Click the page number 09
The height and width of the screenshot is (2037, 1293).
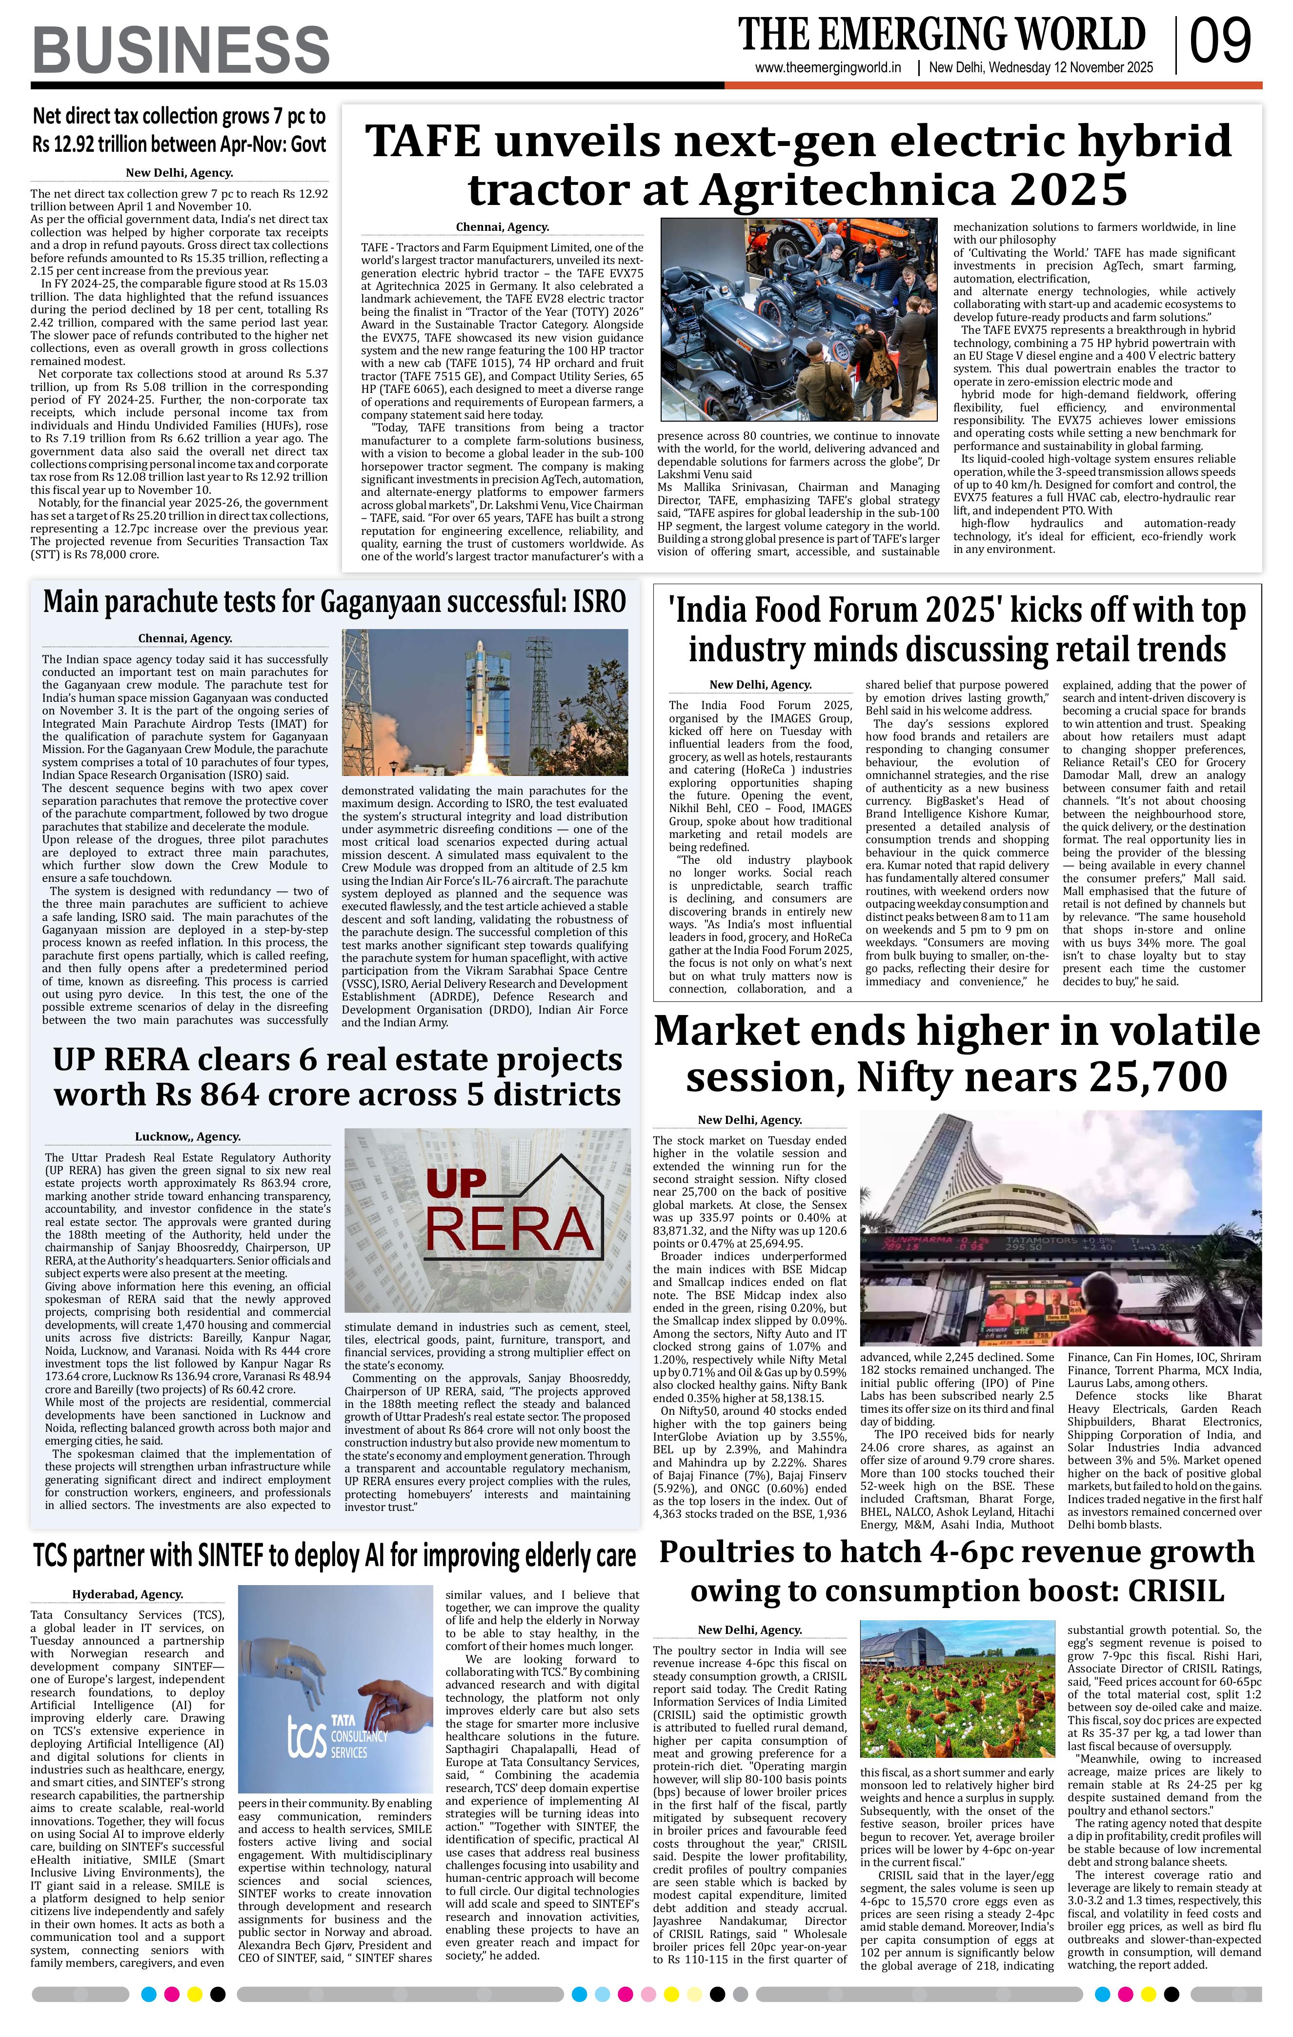pos(1220,42)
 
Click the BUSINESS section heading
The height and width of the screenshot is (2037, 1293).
pos(181,50)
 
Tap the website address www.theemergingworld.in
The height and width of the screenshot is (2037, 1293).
pos(828,68)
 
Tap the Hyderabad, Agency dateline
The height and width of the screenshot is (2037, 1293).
pos(128,1594)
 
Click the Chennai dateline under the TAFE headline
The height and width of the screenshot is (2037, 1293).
pos(502,227)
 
